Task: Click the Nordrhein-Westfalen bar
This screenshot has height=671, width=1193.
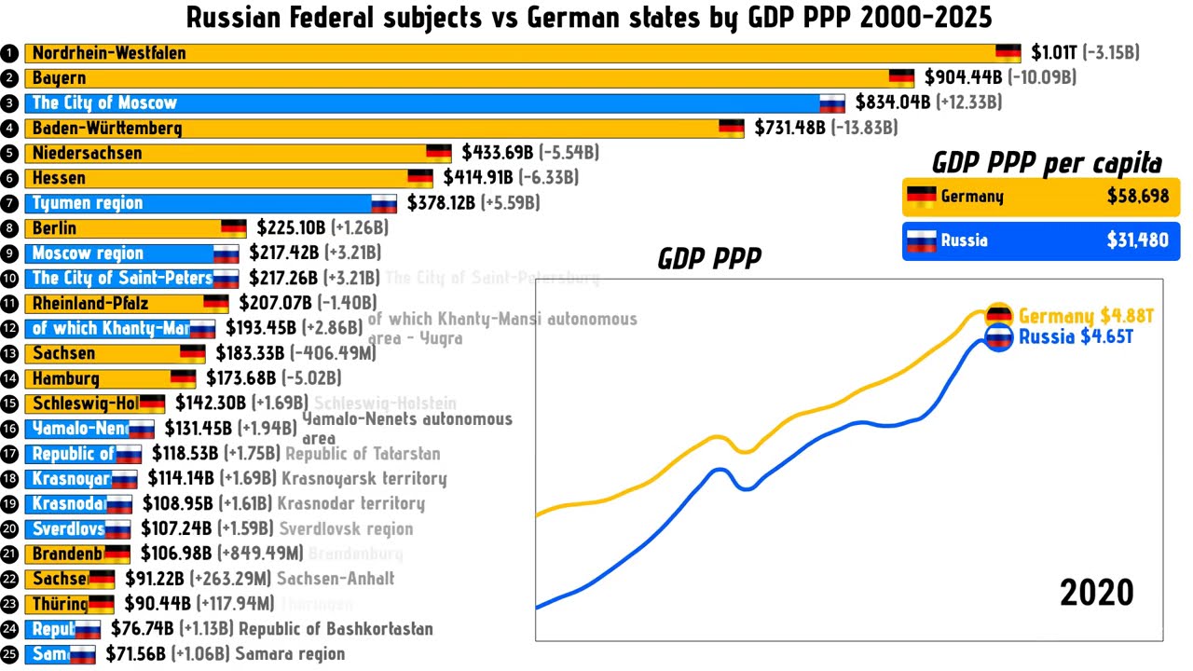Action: (513, 53)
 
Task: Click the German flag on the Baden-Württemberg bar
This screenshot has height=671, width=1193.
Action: (731, 129)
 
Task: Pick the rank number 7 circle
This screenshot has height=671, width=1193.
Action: (10, 203)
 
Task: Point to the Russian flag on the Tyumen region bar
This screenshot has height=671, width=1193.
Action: (384, 203)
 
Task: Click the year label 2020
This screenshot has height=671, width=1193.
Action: (1096, 593)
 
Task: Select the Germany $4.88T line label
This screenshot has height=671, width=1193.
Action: (1086, 317)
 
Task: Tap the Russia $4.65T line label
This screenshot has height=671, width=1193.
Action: (1076, 337)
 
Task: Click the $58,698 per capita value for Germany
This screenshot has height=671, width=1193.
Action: (1137, 197)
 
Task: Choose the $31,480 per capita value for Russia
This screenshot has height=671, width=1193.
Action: (1137, 240)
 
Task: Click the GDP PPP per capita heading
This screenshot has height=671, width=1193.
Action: (1047, 164)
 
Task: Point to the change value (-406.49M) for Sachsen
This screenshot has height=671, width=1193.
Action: (336, 354)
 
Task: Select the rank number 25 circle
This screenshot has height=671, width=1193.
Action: (10, 654)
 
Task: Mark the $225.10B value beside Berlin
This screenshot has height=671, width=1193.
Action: (287, 228)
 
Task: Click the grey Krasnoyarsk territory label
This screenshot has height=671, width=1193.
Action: (363, 479)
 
